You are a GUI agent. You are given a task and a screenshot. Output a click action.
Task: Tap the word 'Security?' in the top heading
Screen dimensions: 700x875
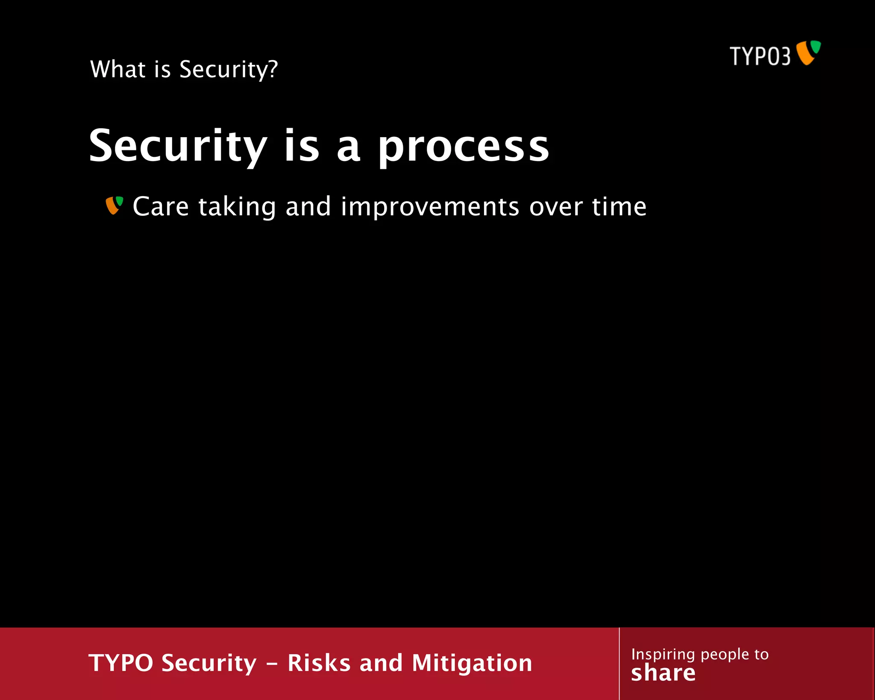coord(229,70)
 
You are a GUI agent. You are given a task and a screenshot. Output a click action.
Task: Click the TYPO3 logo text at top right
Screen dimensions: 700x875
coord(760,56)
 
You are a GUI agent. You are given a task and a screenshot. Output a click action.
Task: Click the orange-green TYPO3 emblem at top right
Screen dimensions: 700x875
coord(808,53)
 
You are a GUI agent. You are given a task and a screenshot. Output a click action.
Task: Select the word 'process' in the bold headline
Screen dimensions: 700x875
coord(464,147)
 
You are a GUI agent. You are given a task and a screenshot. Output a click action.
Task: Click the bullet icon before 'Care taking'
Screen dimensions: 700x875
coord(115,206)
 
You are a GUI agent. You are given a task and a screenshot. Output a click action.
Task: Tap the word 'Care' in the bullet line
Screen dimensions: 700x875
coord(161,207)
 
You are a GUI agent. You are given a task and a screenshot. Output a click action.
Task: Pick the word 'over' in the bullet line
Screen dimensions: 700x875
coord(556,208)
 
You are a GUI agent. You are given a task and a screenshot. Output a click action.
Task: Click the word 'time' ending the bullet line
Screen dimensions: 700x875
coord(619,207)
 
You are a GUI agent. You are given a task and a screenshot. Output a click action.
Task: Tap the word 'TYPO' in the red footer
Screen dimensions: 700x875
coord(121,663)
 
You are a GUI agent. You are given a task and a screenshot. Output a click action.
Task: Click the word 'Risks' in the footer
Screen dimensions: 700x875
coord(319,663)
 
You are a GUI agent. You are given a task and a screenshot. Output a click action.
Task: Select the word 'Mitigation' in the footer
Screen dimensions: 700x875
coord(472,664)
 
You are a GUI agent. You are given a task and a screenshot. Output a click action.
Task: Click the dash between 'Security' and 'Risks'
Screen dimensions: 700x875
coord(272,664)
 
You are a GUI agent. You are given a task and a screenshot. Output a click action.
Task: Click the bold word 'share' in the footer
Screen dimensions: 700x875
coord(663,673)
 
